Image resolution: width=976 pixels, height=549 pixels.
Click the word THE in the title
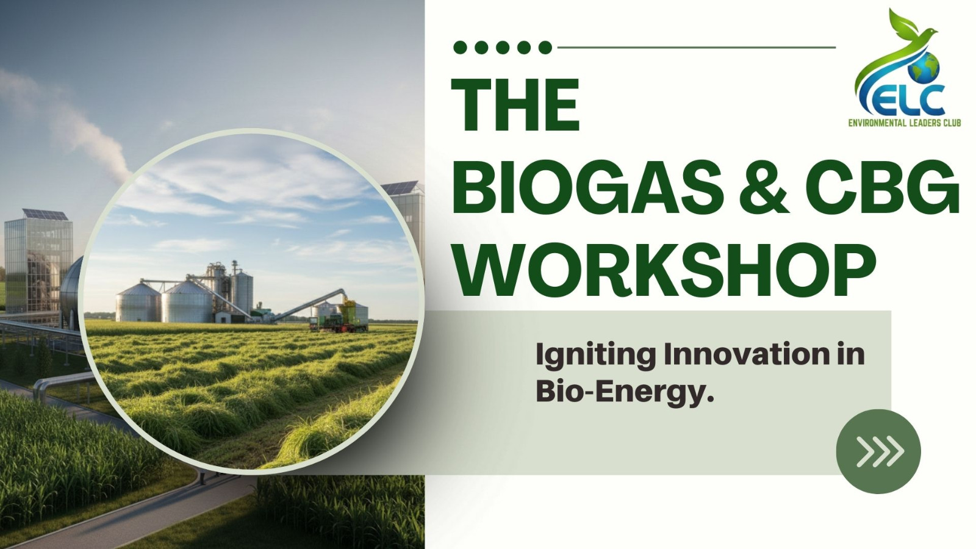click(515, 106)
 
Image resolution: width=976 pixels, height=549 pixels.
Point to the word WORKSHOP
click(664, 270)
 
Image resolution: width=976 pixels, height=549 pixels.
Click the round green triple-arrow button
click(878, 451)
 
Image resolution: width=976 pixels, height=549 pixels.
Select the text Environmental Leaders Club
click(904, 124)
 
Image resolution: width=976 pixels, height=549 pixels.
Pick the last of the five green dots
click(545, 48)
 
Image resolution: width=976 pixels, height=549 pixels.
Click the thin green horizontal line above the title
click(697, 47)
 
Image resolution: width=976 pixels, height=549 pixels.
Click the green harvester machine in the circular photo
click(339, 318)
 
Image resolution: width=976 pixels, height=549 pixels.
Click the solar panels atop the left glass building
click(45, 214)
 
